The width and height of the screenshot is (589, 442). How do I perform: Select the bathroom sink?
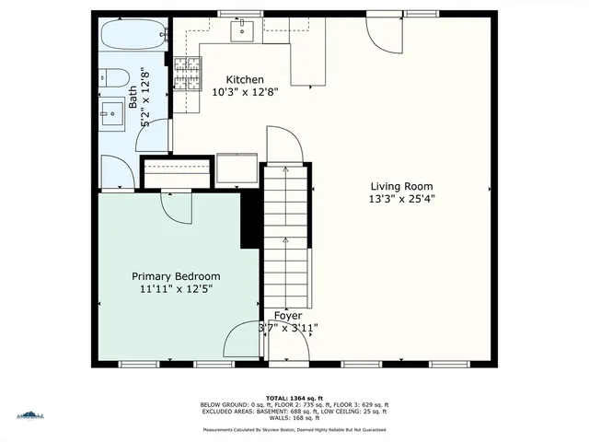[x=112, y=114]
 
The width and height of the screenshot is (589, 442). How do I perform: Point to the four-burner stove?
[x=187, y=74]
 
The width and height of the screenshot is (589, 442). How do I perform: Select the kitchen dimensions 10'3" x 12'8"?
[x=245, y=92]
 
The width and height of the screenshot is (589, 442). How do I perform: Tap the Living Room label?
[x=401, y=184]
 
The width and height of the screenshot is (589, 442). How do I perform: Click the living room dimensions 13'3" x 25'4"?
[x=401, y=197]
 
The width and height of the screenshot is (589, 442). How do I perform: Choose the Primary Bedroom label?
[x=176, y=276]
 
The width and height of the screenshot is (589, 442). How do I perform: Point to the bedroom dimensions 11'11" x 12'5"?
[x=176, y=289]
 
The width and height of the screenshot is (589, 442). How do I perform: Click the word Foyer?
[x=288, y=315]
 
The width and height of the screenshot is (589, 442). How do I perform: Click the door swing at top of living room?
[x=384, y=34]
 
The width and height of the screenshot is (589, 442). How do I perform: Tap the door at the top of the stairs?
[x=283, y=145]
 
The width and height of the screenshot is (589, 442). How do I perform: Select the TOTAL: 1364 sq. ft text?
[x=294, y=398]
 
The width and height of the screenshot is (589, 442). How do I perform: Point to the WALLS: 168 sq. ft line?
[x=294, y=420]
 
